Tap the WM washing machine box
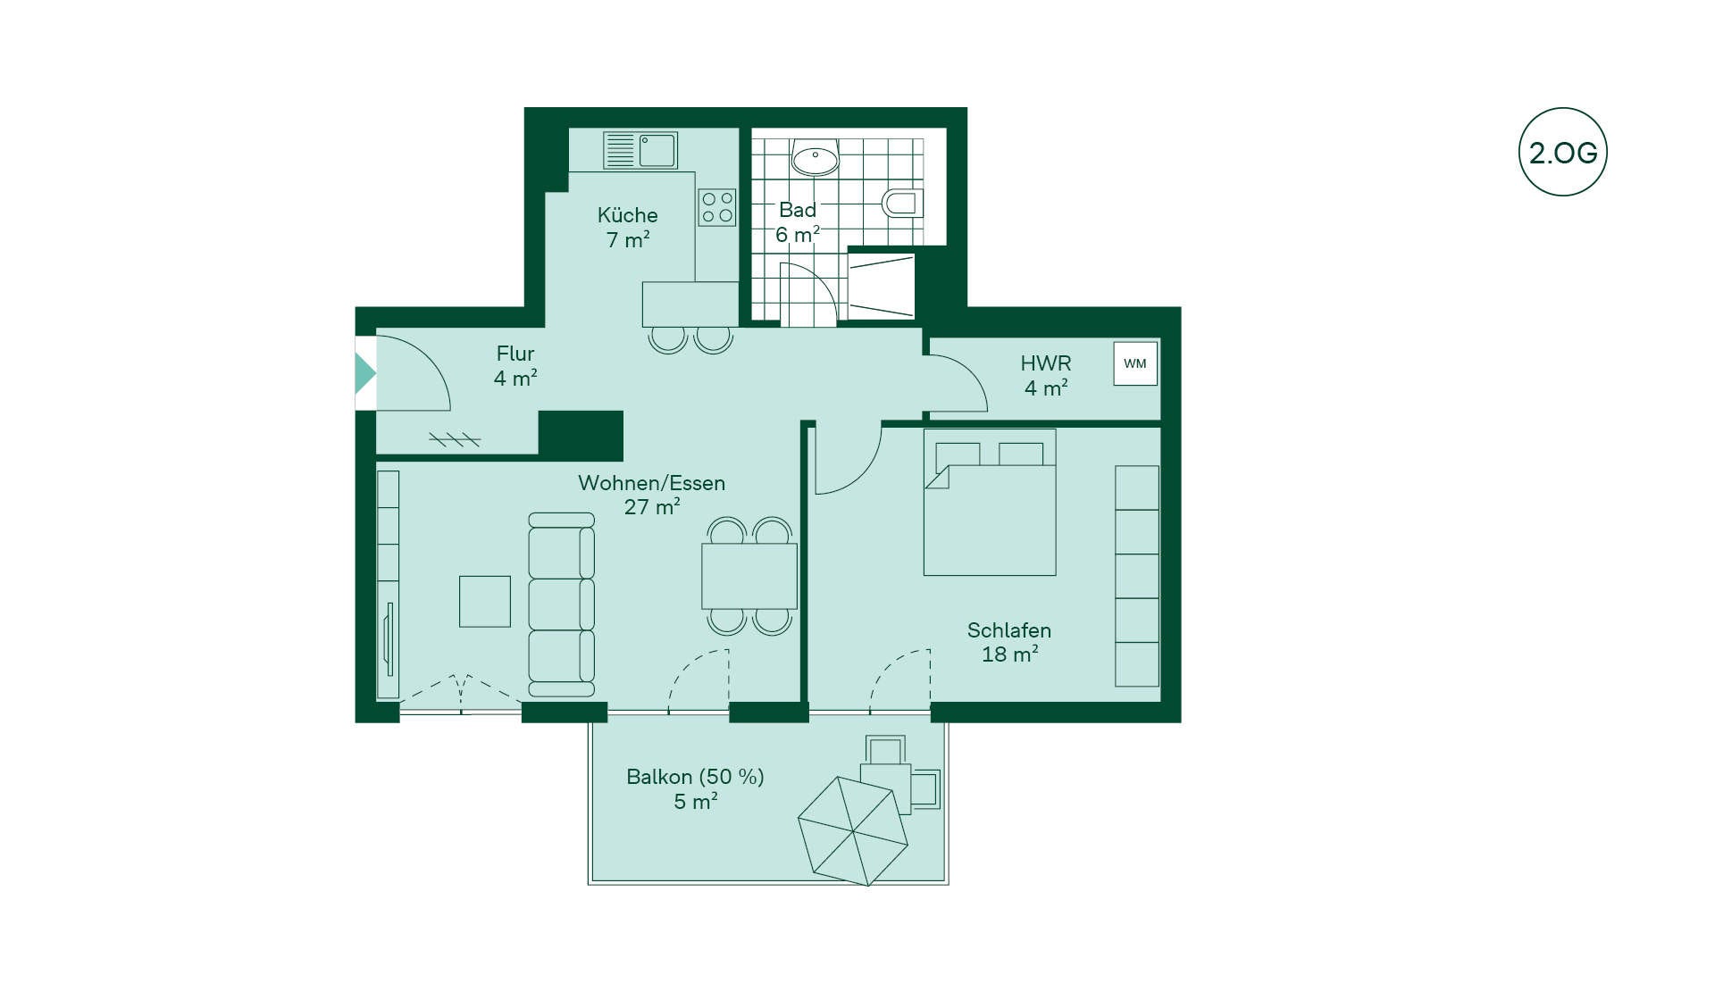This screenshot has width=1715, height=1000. (1135, 363)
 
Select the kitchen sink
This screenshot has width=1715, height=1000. (640, 150)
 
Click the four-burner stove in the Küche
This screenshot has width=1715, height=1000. (717, 207)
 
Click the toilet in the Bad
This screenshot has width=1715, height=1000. (902, 203)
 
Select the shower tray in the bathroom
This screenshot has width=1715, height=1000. (881, 286)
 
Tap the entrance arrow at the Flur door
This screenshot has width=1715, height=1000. (365, 373)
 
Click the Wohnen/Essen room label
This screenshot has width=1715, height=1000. (651, 483)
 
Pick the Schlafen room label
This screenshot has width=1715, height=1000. (1009, 630)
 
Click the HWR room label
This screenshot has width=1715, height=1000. (1046, 363)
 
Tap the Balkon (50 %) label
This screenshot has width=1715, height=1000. (695, 777)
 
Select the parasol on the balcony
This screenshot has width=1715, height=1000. (853, 831)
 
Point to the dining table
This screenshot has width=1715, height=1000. (749, 576)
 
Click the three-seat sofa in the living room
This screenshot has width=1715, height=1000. (562, 604)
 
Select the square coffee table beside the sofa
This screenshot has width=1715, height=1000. (485, 601)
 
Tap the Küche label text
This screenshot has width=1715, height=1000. (627, 215)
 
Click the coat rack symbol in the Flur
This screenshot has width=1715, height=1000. (455, 439)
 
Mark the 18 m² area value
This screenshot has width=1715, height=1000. (1009, 654)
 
